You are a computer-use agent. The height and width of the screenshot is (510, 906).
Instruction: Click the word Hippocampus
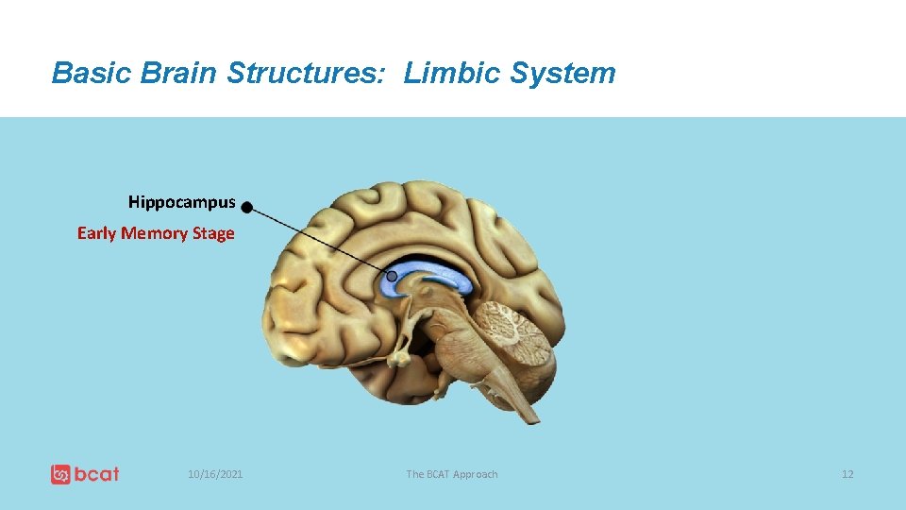tap(181, 202)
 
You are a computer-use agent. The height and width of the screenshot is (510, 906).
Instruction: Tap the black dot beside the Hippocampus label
tap(246, 207)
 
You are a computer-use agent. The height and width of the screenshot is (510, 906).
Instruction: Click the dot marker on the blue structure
tap(392, 277)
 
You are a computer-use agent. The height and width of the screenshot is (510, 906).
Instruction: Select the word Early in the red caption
tap(96, 233)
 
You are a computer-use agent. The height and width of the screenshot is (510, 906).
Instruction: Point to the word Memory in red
tap(154, 233)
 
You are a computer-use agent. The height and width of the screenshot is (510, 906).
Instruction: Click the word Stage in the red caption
tap(213, 233)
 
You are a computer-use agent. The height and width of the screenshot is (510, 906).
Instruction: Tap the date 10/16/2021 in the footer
tap(215, 474)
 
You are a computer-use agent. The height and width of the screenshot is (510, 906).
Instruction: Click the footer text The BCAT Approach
tap(451, 474)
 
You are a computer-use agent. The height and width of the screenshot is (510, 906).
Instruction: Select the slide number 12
tap(847, 474)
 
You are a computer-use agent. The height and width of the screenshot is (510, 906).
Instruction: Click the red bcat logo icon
tap(60, 474)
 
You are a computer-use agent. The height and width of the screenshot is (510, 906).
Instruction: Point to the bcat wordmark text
tap(97, 474)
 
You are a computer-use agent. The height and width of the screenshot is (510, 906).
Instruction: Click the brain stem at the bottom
tap(500, 387)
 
